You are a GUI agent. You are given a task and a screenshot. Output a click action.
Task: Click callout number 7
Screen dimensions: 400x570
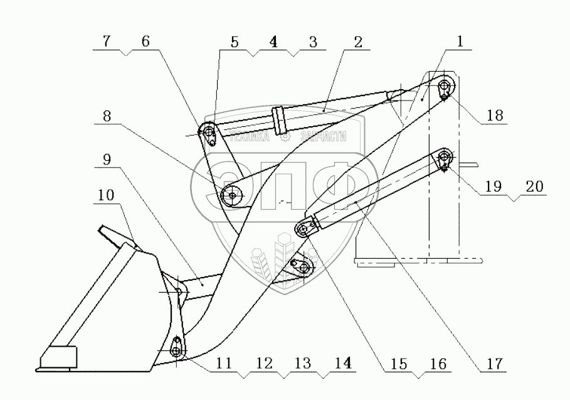[x=107, y=42]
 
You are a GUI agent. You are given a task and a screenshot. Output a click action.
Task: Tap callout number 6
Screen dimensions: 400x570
[x=145, y=42]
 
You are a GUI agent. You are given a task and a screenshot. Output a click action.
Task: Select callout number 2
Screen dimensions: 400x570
[x=357, y=42]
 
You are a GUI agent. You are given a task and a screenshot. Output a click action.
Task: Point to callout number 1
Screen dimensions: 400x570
[x=460, y=42]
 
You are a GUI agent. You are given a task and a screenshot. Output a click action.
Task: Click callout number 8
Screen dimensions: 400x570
[x=107, y=116]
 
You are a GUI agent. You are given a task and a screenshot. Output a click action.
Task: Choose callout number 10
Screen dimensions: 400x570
[x=107, y=197]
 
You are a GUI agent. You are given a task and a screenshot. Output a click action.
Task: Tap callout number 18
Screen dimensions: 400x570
[x=495, y=116]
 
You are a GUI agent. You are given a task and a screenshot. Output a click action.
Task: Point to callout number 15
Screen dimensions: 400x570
[x=399, y=362]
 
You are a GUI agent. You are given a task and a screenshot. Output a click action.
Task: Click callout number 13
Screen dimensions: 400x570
[x=302, y=362]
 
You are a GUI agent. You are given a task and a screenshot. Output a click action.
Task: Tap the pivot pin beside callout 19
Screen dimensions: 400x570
[x=445, y=156]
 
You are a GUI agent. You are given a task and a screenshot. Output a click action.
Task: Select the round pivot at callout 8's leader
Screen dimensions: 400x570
[x=231, y=195]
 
